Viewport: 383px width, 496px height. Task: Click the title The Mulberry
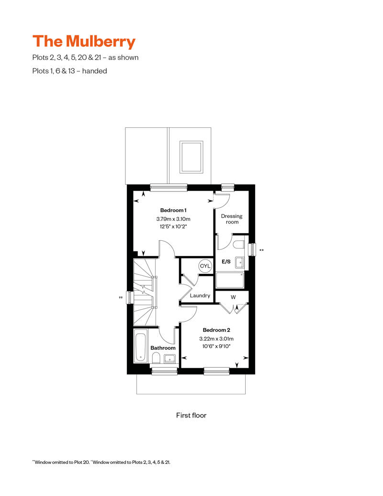pos(84,41)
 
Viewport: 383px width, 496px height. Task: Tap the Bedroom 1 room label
pos(173,210)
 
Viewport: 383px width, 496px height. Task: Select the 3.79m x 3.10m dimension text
pos(173,219)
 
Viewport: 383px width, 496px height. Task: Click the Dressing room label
pos(232,219)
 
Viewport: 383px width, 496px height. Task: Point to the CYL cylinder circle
pos(205,266)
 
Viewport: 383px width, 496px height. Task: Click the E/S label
pos(226,262)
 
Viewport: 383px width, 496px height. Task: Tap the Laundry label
pos(200,295)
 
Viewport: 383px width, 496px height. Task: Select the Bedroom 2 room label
pos(216,330)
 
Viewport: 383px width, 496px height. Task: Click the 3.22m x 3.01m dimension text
pos(216,338)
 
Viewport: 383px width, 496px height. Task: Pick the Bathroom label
pos(163,348)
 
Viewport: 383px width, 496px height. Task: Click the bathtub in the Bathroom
pos(140,345)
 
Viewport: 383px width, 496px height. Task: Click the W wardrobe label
pos(233,297)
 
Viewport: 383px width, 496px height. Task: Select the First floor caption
pos(191,415)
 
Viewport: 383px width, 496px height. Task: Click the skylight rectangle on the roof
pos(191,157)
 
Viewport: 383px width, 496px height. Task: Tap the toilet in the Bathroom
pos(156,358)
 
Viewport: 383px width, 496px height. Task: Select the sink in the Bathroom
pos(170,359)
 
